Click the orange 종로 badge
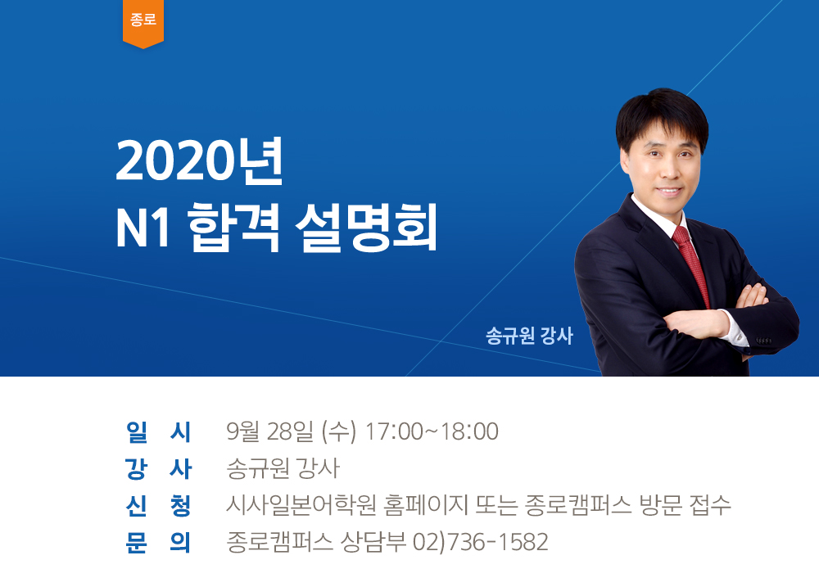tap(143, 23)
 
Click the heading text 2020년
tap(200, 161)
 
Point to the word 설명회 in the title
tap(365, 229)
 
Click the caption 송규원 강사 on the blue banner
tap(528, 336)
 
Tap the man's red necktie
tap(691, 265)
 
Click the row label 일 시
tap(158, 432)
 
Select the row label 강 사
tap(158, 469)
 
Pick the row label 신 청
tap(158, 505)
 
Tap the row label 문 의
tap(158, 543)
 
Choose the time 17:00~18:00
tap(432, 431)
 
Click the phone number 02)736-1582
tap(481, 542)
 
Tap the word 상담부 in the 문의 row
tap(373, 542)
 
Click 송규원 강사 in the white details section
tap(283, 469)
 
